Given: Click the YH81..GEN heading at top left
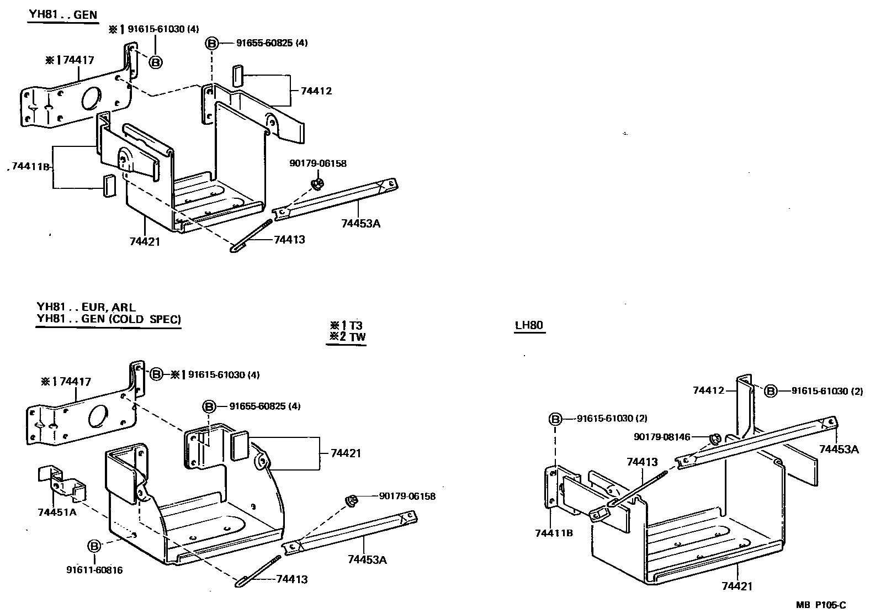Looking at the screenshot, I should [62, 14].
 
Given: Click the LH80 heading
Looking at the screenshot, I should [529, 325].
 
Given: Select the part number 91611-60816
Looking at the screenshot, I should [94, 570].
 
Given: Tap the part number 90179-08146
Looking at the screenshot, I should [662, 437].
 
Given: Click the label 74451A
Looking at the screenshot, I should [57, 512].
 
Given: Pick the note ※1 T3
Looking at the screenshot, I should [346, 325].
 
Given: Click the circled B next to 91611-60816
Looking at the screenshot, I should [95, 546].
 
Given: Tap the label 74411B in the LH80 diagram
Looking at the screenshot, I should [554, 533].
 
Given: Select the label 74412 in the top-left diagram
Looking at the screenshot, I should [316, 91].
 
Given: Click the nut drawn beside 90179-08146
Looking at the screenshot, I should [714, 439].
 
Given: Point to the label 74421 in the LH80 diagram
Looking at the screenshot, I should [737, 586].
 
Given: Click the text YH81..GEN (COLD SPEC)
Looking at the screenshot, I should [108, 319].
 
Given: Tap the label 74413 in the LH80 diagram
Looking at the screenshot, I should [641, 461].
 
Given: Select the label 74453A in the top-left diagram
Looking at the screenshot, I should [360, 223].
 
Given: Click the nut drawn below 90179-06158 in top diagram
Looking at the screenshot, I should [317, 183].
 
